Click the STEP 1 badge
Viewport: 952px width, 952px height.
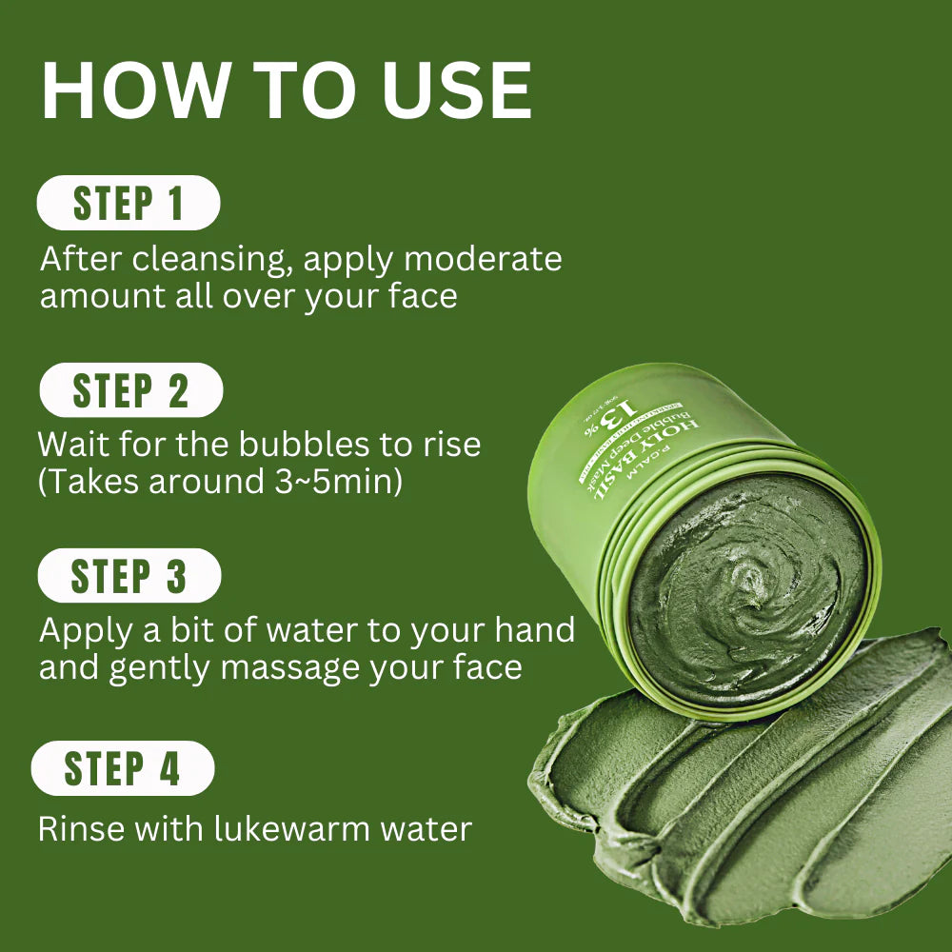pos(128,204)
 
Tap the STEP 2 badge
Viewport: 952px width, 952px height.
pos(130,390)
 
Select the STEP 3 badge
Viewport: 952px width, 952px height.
pos(129,576)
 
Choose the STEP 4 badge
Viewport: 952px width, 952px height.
pos(122,768)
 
